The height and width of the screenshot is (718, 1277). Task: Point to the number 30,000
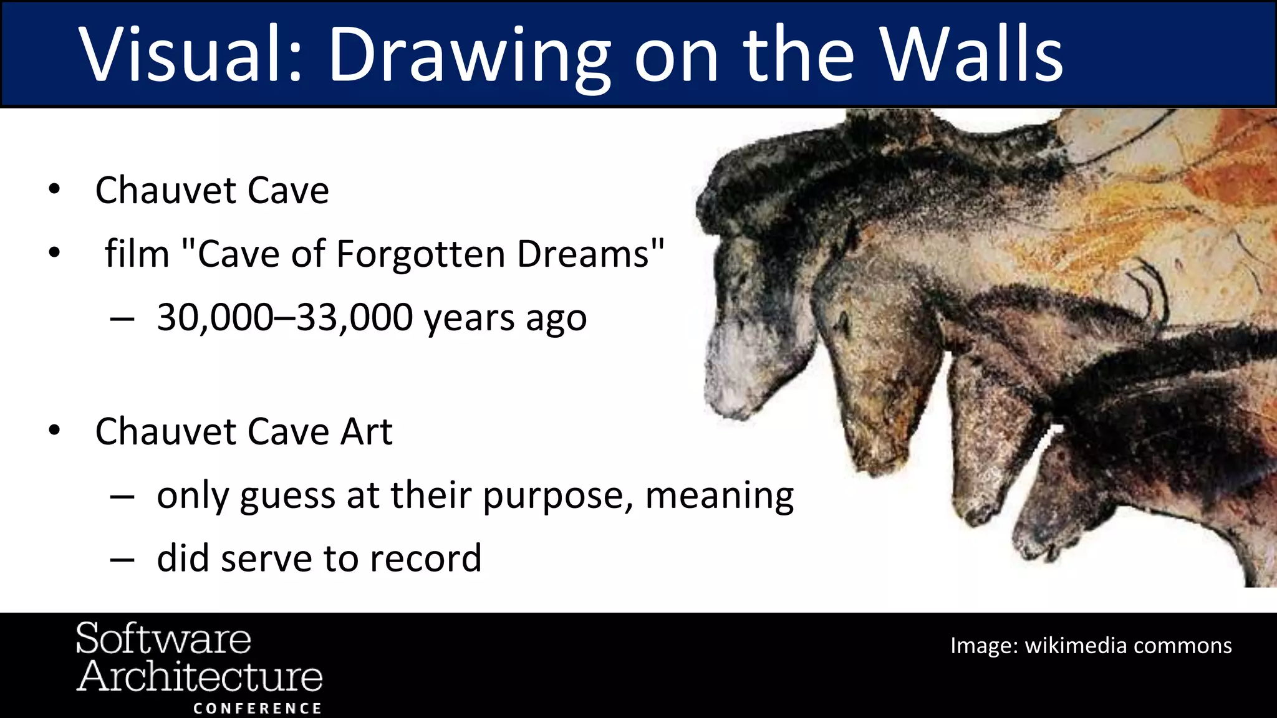[215, 317]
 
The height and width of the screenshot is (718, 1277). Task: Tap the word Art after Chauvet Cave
[367, 431]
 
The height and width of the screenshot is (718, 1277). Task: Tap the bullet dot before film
[55, 253]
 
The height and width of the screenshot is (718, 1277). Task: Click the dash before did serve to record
[122, 559]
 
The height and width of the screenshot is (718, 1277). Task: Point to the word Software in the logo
[163, 639]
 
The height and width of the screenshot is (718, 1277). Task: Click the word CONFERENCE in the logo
[257, 709]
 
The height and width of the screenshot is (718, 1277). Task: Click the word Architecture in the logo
[200, 676]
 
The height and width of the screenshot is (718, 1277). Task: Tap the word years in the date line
[469, 318]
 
